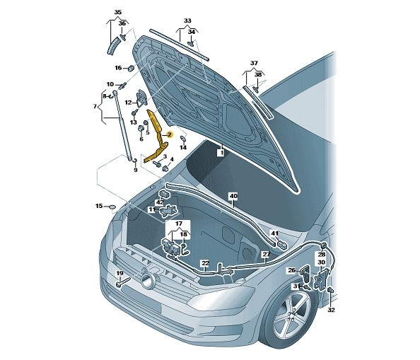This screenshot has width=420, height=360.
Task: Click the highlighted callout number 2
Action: pyautogui.click(x=169, y=134)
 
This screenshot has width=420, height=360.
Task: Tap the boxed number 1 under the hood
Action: pyautogui.click(x=221, y=153)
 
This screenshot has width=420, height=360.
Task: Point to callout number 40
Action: pyautogui.click(x=233, y=196)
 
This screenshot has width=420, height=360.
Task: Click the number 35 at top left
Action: pyautogui.click(x=118, y=12)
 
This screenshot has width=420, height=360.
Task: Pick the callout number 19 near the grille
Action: pyautogui.click(x=119, y=273)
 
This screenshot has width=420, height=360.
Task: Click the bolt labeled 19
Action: pyautogui.click(x=123, y=282)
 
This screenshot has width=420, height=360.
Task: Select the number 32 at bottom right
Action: pyautogui.click(x=332, y=310)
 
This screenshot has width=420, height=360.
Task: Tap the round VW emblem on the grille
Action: pyautogui.click(x=147, y=280)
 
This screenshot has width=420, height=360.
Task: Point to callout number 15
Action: pyautogui.click(x=99, y=206)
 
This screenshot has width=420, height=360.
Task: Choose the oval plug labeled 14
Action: pyautogui.click(x=182, y=139)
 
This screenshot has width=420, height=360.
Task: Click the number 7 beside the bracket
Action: pyautogui.click(x=95, y=106)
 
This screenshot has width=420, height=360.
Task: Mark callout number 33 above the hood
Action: pyautogui.click(x=187, y=21)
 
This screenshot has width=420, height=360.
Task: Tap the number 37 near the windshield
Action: pyautogui.click(x=254, y=63)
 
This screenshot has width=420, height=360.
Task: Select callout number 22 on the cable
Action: pyautogui.click(x=205, y=263)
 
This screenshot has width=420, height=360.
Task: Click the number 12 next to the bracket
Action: pyautogui.click(x=128, y=103)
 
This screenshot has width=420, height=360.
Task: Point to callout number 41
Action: pyautogui.click(x=275, y=233)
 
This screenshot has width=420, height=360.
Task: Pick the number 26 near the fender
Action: pyautogui.click(x=291, y=270)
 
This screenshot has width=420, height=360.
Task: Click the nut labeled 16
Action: pyautogui.click(x=131, y=68)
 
